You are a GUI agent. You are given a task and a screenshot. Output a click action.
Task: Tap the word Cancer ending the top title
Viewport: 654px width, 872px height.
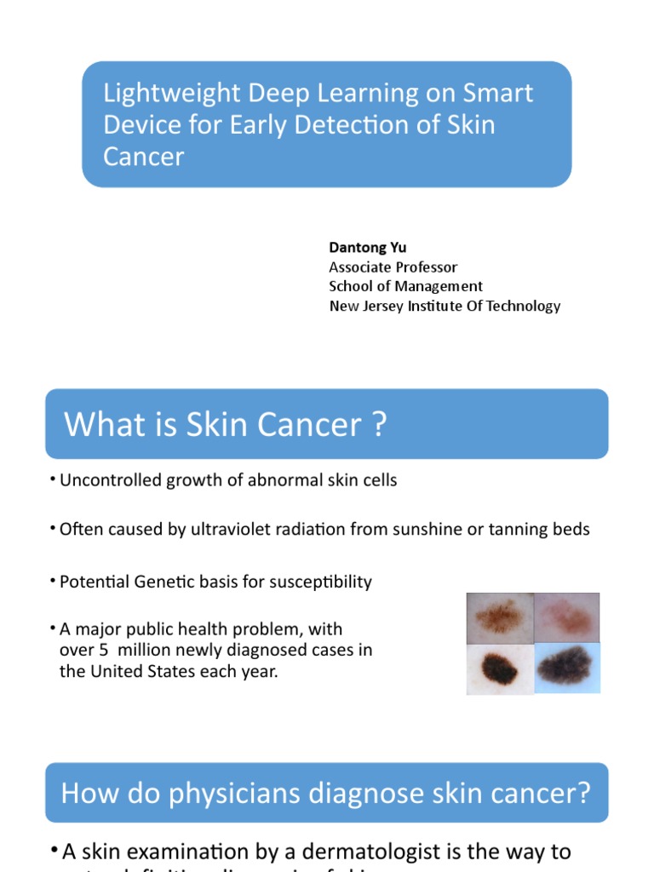coord(143,157)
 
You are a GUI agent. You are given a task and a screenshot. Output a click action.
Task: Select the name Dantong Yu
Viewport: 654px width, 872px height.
coord(367,248)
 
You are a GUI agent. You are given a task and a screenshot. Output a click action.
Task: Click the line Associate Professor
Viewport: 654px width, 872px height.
coord(393,267)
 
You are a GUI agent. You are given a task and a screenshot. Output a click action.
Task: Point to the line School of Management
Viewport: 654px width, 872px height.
coord(405,287)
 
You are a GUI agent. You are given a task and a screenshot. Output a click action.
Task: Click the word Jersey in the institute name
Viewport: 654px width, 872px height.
coord(386,307)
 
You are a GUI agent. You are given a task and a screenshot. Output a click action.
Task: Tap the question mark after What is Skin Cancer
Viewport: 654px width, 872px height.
coord(379,424)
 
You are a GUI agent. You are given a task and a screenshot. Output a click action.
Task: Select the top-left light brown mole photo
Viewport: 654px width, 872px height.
coord(500,617)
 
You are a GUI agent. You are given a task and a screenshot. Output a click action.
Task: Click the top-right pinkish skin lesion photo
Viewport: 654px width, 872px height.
coord(566,617)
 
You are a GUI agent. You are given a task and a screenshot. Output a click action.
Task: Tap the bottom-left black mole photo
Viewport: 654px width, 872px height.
coord(500,668)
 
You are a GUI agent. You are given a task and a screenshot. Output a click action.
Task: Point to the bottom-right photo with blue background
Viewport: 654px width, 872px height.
coord(566,668)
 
